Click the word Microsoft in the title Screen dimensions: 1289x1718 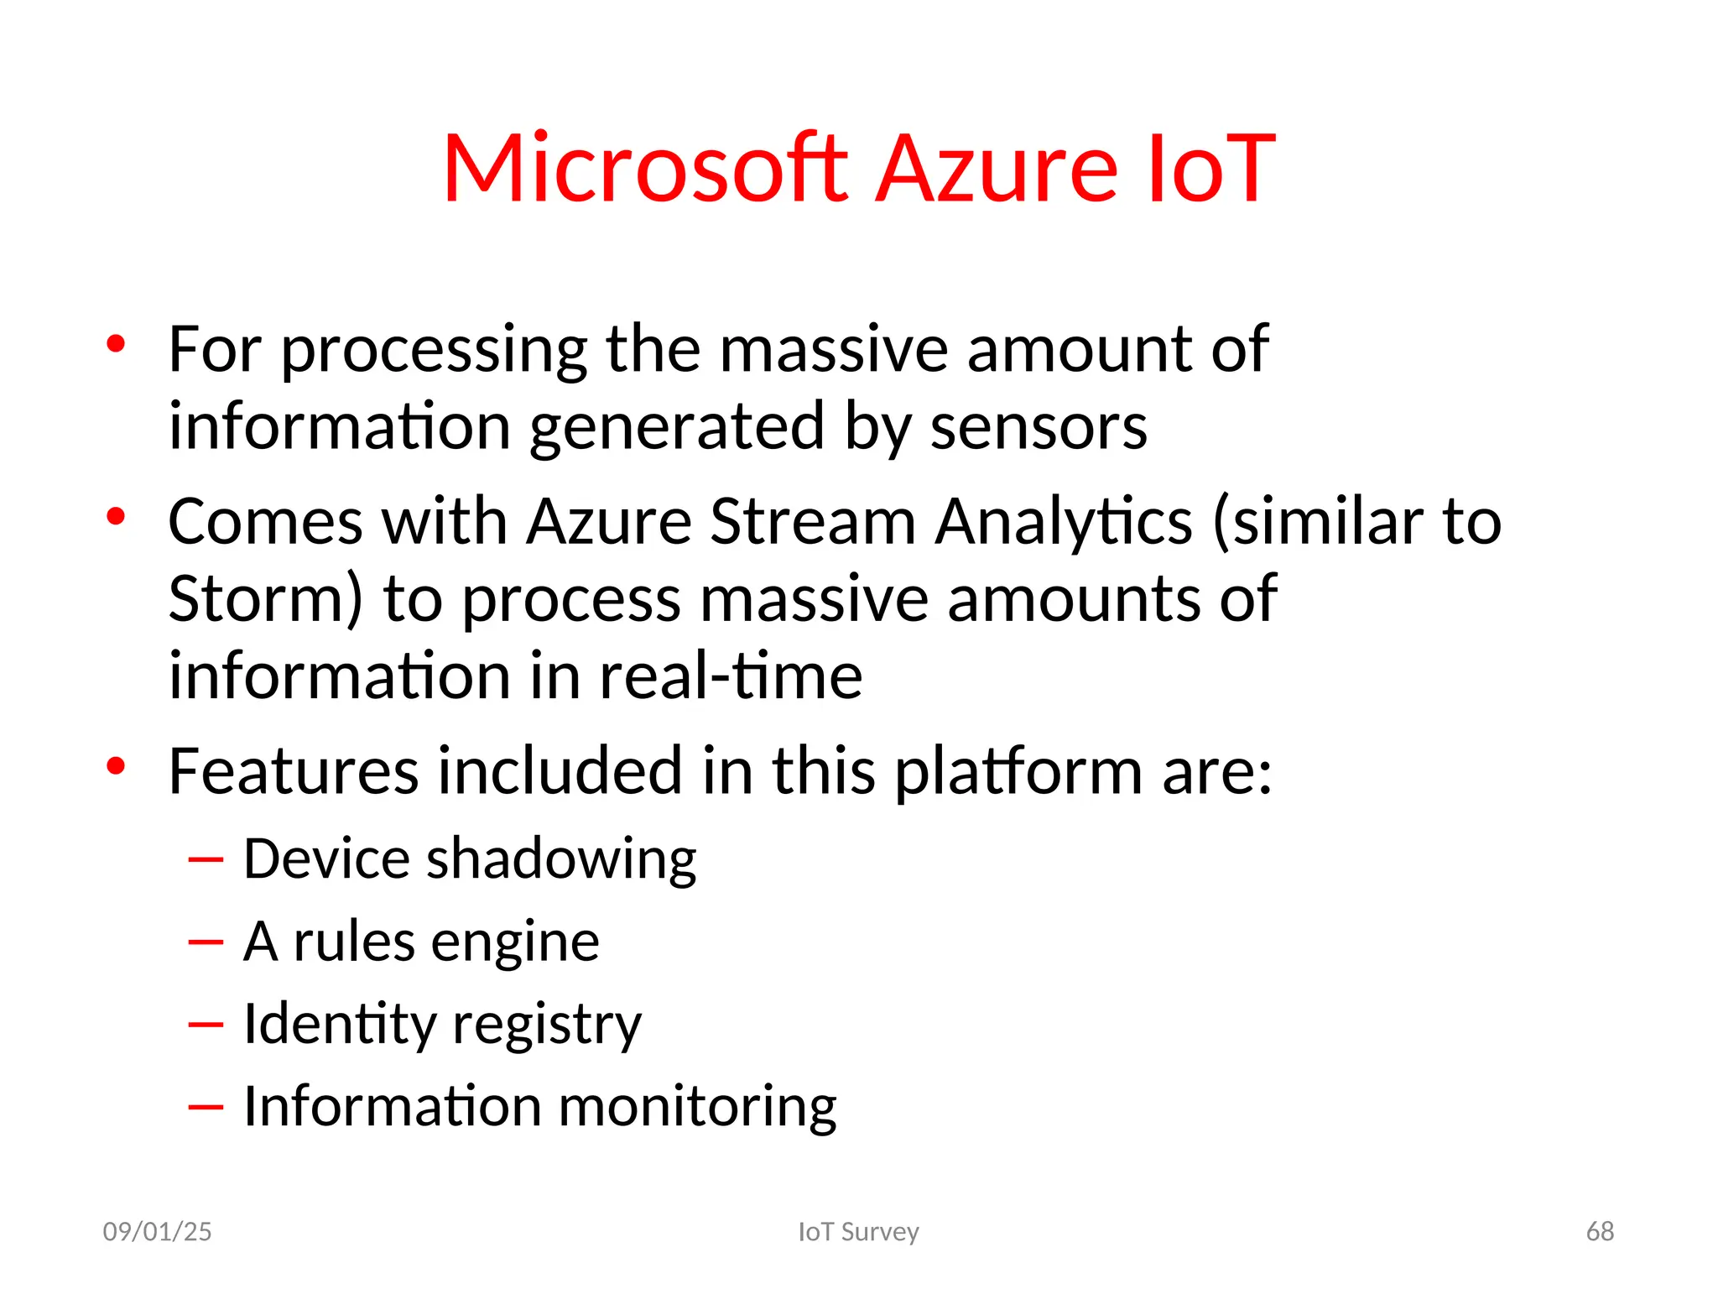(x=645, y=170)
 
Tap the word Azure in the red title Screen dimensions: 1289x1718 (x=997, y=170)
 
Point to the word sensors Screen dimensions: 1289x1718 (x=1039, y=427)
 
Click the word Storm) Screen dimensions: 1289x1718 (x=266, y=600)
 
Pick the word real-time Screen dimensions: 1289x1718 (x=731, y=676)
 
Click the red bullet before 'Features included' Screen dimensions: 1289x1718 (x=116, y=765)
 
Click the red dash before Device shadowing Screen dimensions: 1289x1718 (x=206, y=860)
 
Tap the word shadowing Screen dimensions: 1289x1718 (x=561, y=860)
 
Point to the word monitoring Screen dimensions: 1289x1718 (x=697, y=1107)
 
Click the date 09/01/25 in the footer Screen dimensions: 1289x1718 (x=157, y=1232)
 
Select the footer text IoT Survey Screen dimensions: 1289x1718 (x=858, y=1232)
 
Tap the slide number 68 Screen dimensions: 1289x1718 (x=1600, y=1232)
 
